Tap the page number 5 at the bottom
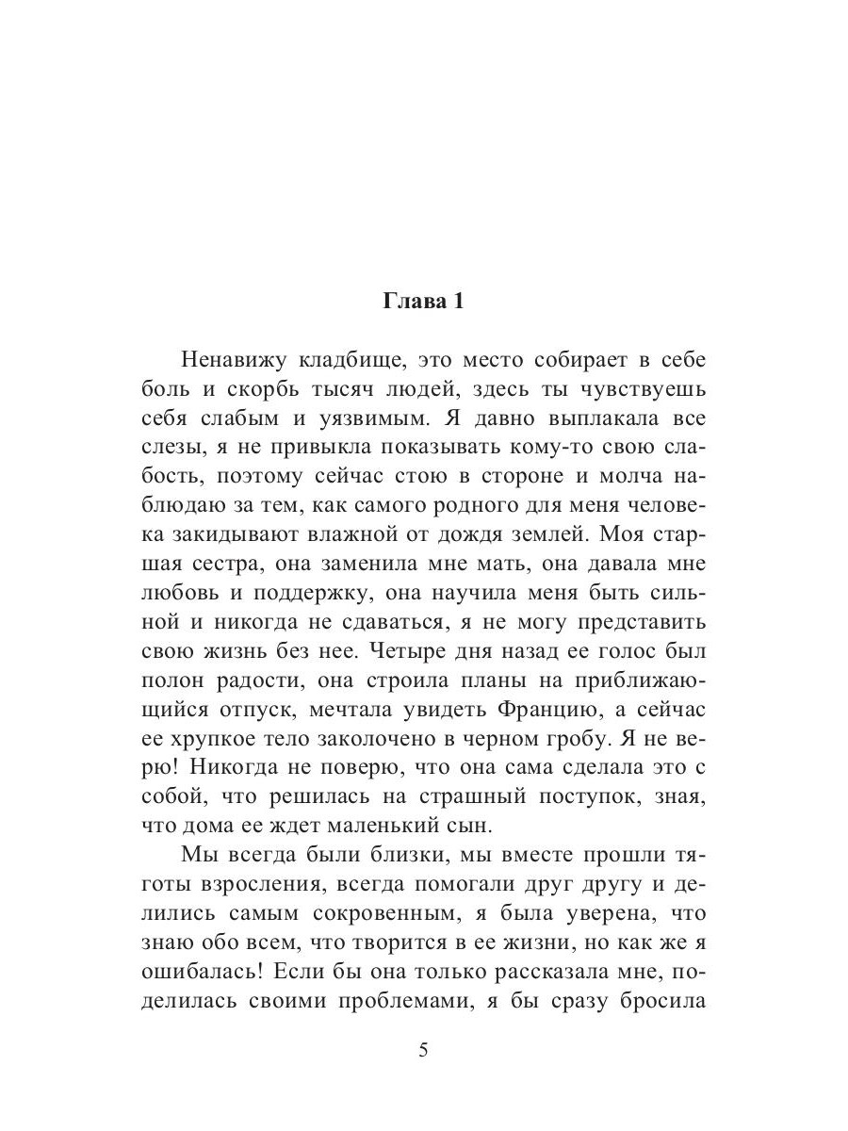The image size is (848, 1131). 423,1052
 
